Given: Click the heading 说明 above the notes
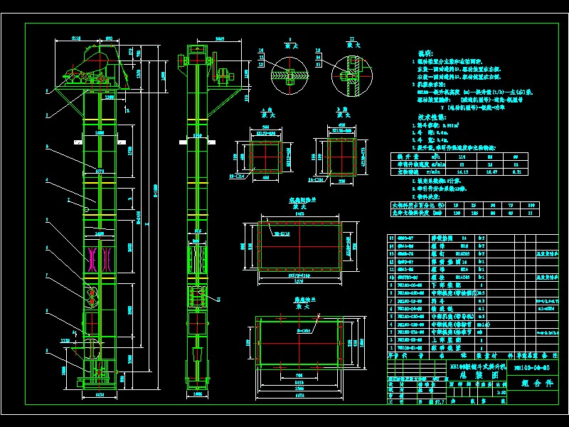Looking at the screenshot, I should (424, 53).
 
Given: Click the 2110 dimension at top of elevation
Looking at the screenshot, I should (76, 38).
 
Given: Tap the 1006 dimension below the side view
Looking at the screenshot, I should (198, 392).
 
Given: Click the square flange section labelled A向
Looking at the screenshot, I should (267, 153).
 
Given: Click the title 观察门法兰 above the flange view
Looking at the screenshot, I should (303, 201).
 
